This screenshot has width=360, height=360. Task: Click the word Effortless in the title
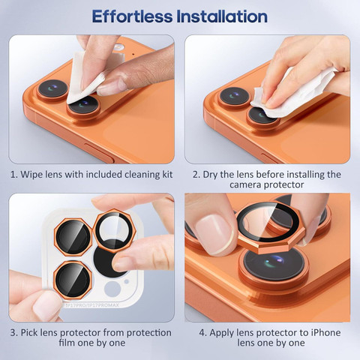tap(132, 16)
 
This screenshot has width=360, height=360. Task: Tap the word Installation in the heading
tap(222, 16)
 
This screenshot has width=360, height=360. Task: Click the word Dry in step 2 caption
tap(210, 175)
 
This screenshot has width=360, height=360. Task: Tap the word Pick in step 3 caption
tap(29, 332)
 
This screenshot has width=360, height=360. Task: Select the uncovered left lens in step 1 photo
tap(53, 88)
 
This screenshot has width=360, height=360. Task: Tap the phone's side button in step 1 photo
tap(99, 152)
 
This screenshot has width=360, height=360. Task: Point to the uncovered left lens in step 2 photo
tap(235, 96)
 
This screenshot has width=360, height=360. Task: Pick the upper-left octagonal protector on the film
tap(73, 237)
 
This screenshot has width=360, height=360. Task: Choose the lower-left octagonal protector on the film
tap(73, 280)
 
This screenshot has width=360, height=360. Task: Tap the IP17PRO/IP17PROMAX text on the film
tap(91, 305)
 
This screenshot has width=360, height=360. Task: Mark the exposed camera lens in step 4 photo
tap(274, 265)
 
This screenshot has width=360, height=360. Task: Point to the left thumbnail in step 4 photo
tap(214, 235)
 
